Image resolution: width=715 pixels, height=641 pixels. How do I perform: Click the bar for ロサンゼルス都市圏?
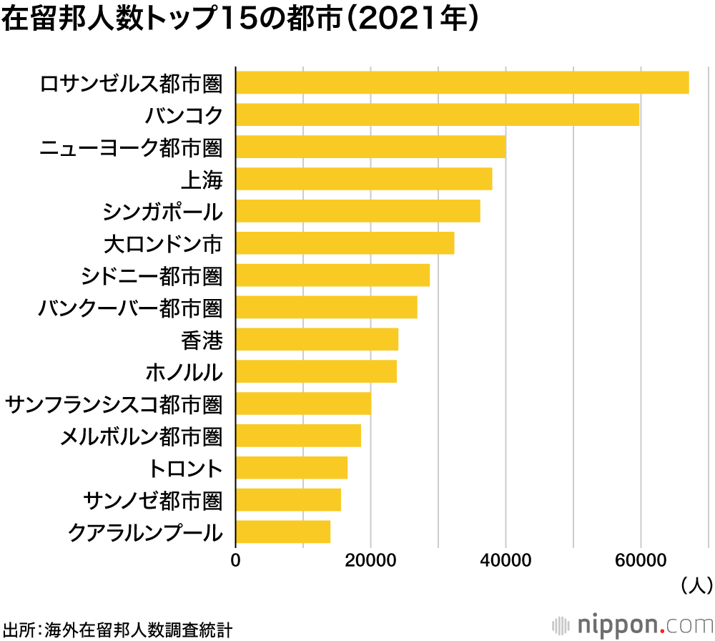tap(462, 83)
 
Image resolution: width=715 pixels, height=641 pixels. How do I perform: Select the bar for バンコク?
tap(437, 115)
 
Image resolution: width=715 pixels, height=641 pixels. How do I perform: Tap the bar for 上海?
tap(363, 179)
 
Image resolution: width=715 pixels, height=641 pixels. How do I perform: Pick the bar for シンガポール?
tap(357, 211)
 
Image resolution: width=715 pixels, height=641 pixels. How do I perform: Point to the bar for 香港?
tap(317, 339)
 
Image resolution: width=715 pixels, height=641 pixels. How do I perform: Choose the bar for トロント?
tap(291, 468)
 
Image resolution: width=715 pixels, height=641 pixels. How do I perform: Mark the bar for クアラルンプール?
tap(282, 532)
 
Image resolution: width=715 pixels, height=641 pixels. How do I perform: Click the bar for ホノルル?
tap(316, 372)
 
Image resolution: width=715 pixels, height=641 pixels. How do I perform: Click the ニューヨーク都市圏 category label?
tap(131, 147)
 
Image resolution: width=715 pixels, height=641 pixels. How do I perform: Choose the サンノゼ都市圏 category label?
tap(153, 500)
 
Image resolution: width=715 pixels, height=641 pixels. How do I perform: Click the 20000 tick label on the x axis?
tap(370, 561)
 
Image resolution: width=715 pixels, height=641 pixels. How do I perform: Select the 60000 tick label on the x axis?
tap(641, 561)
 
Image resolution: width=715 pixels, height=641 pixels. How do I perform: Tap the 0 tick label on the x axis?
tap(236, 561)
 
